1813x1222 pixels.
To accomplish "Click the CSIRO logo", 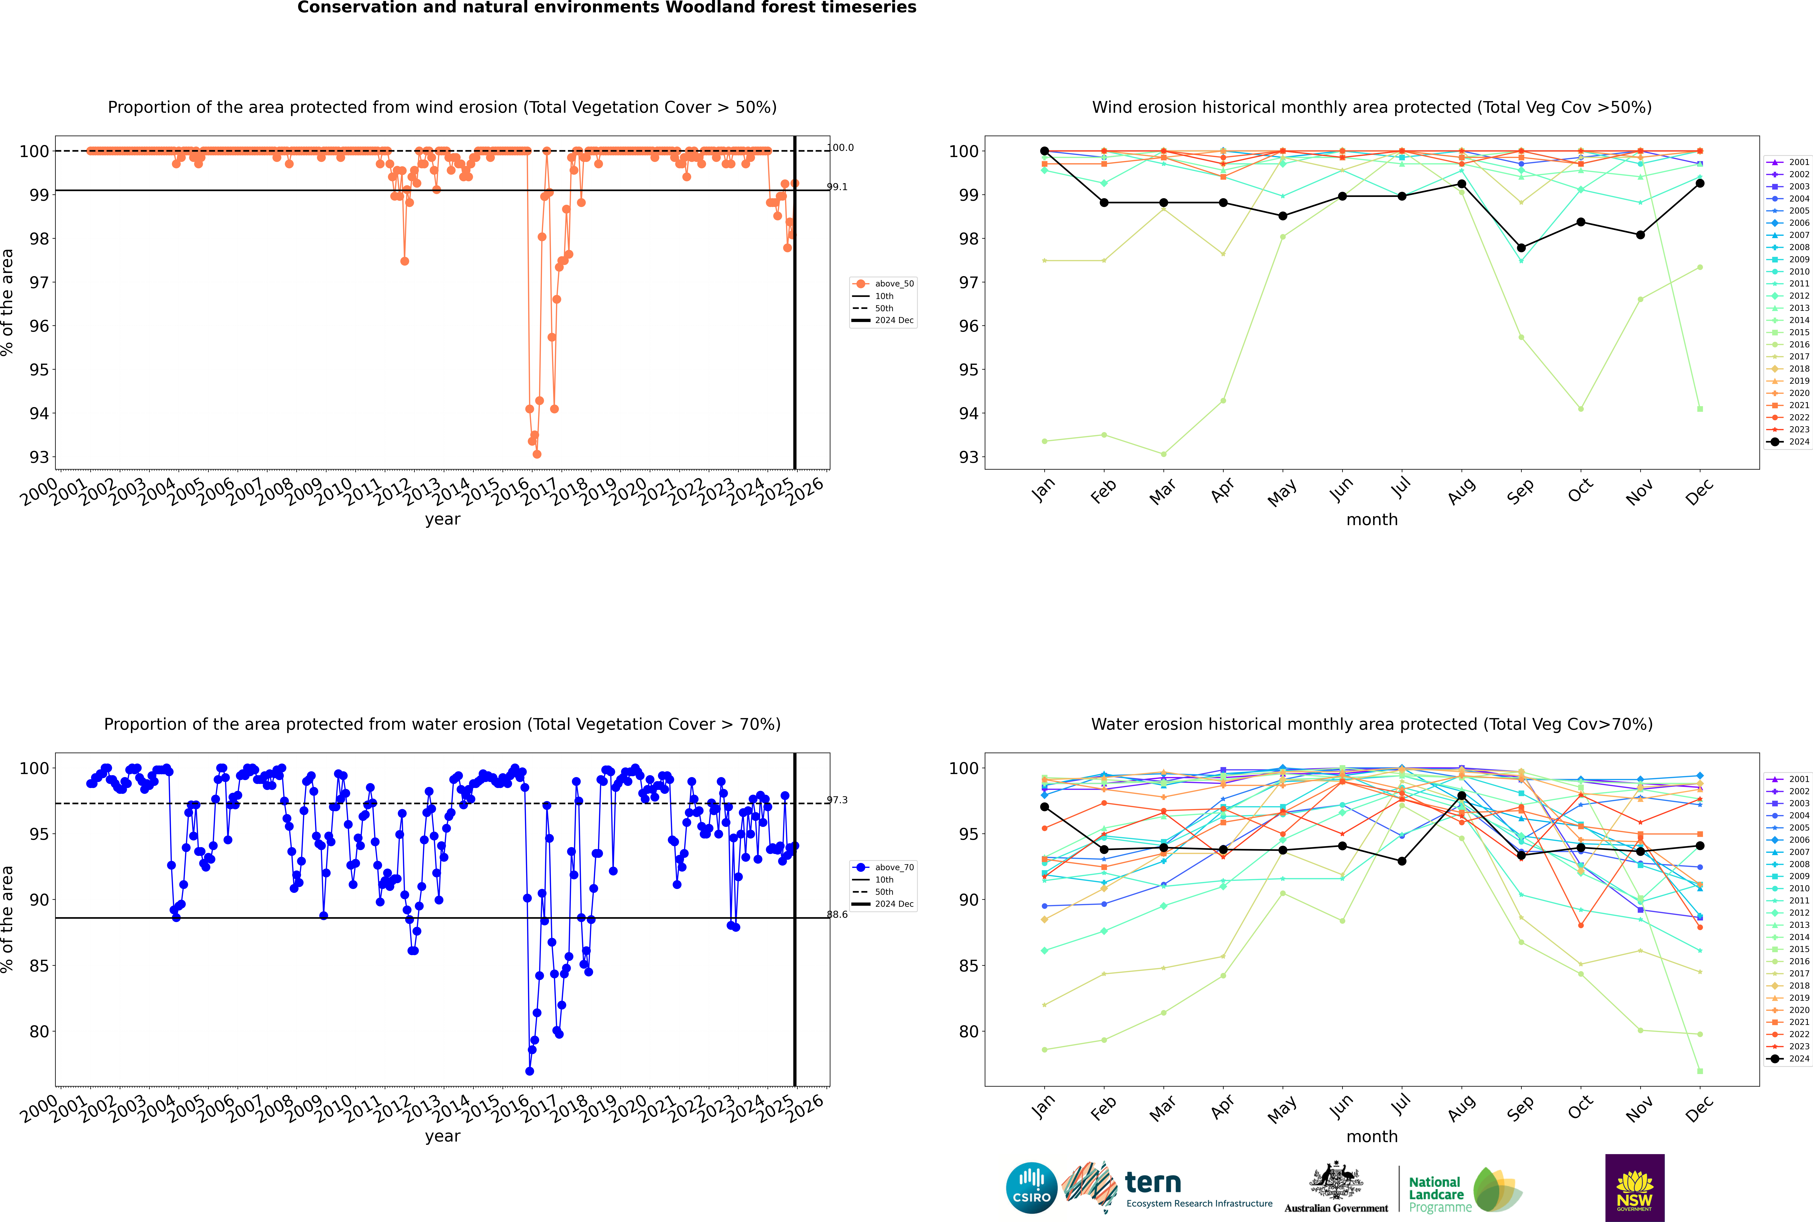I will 1031,1188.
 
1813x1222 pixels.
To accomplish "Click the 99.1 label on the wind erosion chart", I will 837,187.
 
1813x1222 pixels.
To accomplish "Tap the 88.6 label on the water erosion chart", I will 837,915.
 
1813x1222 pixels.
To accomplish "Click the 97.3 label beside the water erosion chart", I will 837,800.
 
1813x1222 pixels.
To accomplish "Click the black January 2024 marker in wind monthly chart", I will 1045,151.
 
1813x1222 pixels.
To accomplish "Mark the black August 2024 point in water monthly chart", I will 1462,796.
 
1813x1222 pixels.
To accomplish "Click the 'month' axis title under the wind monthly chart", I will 1372,520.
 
